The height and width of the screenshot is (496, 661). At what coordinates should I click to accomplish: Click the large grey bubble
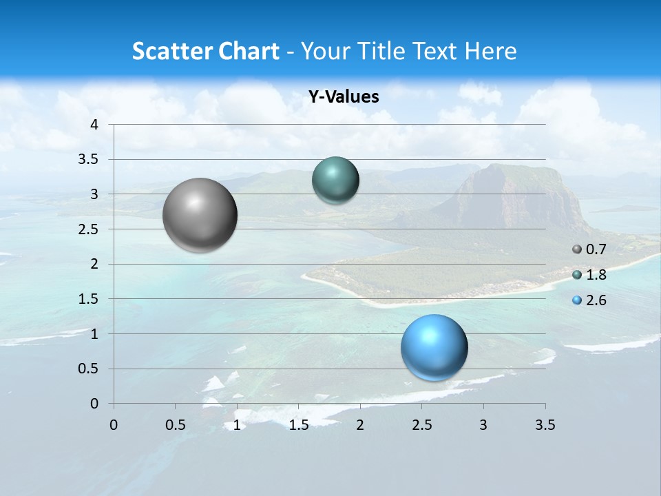point(200,215)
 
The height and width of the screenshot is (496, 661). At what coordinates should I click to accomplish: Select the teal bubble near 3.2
point(335,180)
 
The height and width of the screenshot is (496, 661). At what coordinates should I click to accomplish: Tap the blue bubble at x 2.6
point(434,347)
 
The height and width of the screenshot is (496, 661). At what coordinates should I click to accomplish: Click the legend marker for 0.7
point(577,249)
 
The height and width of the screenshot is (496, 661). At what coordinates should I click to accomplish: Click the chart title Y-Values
point(343,97)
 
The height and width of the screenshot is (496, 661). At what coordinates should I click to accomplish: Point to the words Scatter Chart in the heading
point(205,51)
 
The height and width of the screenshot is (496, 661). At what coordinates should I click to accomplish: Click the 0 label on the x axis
point(114,425)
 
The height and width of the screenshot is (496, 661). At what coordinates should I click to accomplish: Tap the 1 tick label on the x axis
point(237,425)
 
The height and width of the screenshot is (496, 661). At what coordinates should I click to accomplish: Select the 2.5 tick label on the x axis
point(422,425)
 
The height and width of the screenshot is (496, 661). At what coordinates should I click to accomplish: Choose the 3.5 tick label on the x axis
point(545,425)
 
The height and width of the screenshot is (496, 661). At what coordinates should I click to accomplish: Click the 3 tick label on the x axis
point(483,425)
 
